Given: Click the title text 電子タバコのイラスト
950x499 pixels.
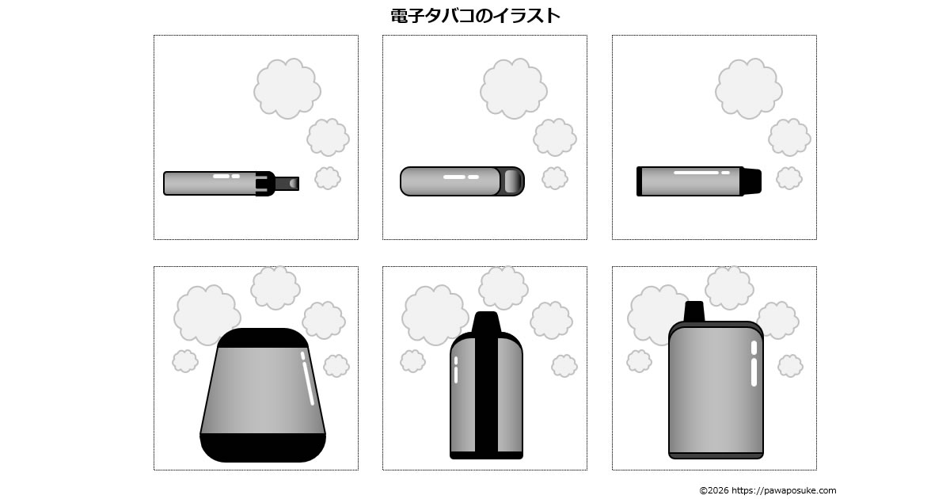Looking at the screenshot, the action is pos(475,16).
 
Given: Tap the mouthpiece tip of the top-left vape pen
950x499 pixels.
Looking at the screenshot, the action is pos(287,183).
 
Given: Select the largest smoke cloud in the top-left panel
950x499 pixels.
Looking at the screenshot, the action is pos(287,89).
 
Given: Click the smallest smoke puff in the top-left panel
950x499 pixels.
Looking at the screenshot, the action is pos(328,177).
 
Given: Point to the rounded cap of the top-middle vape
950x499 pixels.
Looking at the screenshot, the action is pos(512,181).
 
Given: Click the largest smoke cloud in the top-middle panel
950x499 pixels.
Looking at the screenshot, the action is pos(514,89).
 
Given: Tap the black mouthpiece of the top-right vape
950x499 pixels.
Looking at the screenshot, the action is pos(750,181).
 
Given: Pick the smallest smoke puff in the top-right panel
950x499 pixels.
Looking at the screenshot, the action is pos(789,177).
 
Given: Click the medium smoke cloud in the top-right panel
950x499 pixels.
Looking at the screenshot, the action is pos(789,138).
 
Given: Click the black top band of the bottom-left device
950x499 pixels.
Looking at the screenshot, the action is pos(263,338).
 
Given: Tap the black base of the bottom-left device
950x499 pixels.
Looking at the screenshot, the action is pos(263,448).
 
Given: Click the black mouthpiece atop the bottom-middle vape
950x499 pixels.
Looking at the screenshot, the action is pos(486,322).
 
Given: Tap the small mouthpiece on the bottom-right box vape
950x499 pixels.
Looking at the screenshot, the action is pos(694,311).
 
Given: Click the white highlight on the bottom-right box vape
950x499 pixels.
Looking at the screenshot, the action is pos(754,364).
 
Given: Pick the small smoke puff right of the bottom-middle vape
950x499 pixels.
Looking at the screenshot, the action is pos(564,366).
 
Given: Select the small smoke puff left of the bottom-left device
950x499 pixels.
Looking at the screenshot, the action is pos(185,361).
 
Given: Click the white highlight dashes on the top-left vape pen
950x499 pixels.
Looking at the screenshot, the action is pos(226,176).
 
